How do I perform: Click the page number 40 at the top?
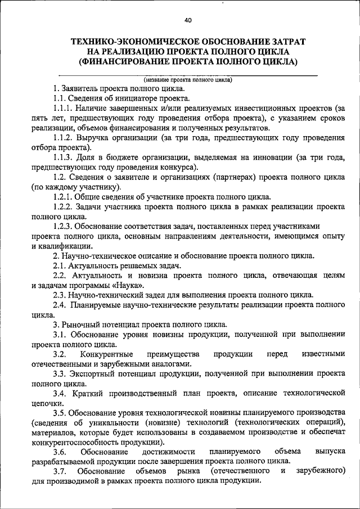click(188, 20)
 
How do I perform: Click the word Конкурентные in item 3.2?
click(106, 354)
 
